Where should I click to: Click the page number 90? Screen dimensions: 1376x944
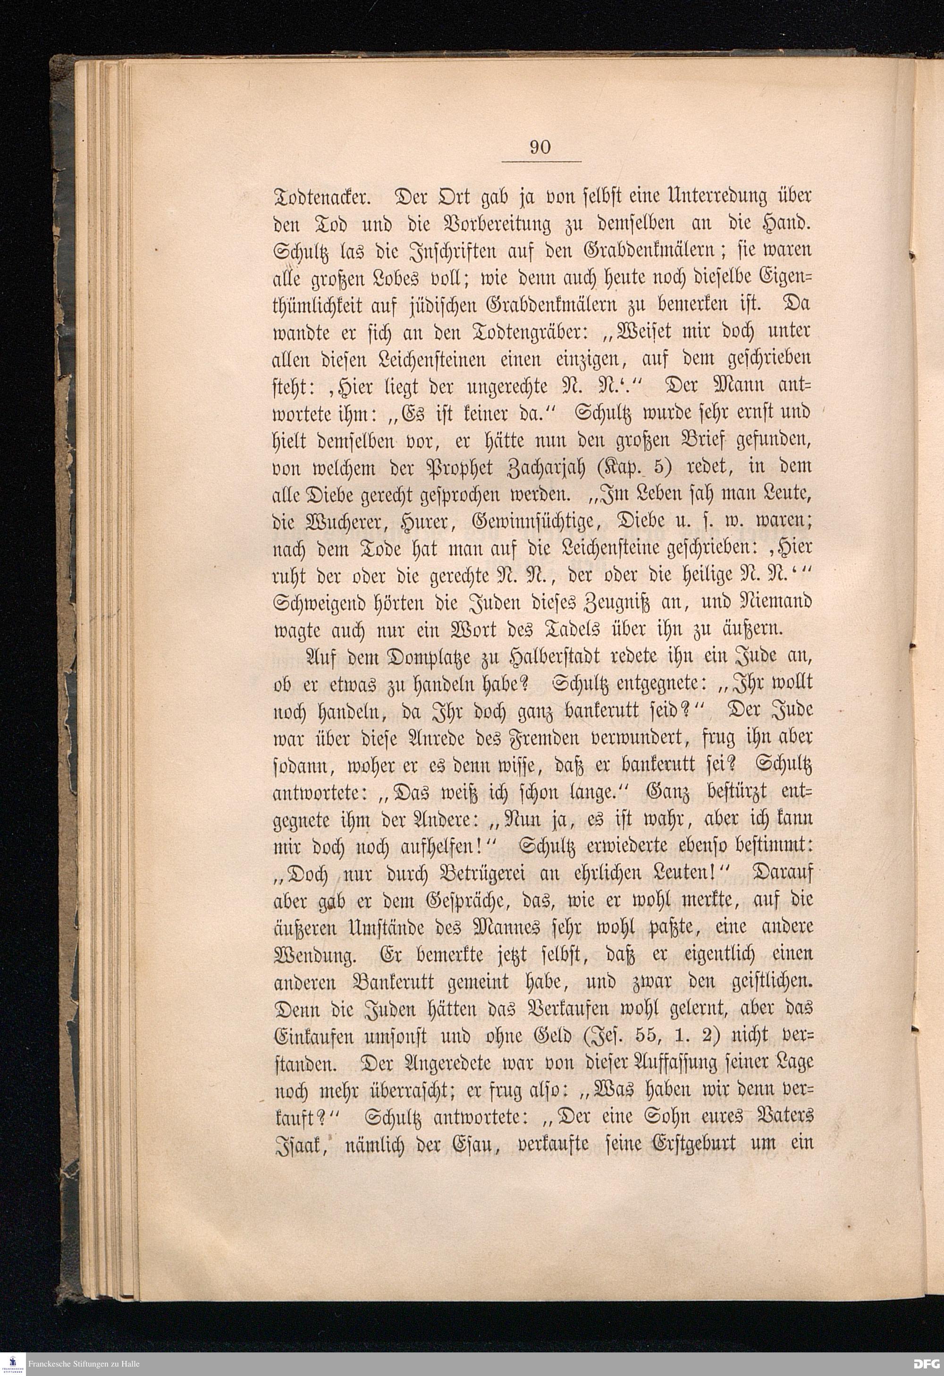tap(540, 147)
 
